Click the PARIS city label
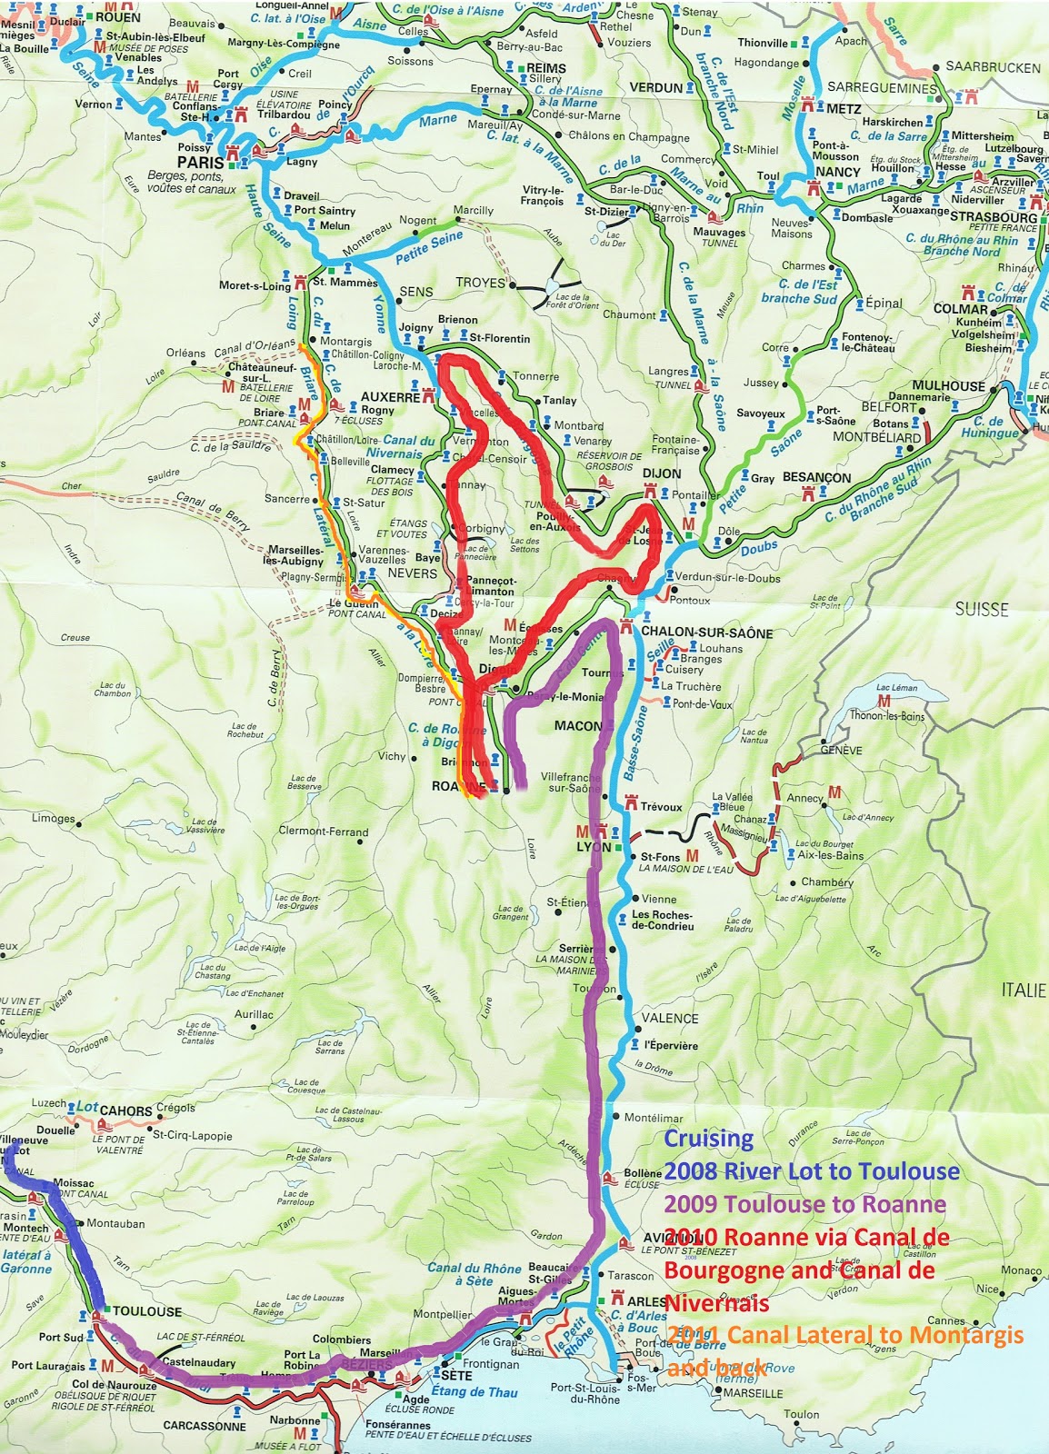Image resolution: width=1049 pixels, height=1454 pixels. pyautogui.click(x=200, y=162)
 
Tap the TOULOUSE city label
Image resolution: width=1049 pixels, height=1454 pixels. pyautogui.click(x=147, y=1311)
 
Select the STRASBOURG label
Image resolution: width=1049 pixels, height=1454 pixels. pyautogui.click(x=993, y=217)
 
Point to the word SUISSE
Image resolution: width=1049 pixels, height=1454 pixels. pyautogui.click(x=981, y=609)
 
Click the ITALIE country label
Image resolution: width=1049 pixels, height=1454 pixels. pyautogui.click(x=1023, y=991)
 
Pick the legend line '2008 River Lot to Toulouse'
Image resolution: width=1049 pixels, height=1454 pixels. pyautogui.click(x=811, y=1171)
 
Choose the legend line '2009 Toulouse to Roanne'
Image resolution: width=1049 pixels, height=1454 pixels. pyautogui.click(x=804, y=1204)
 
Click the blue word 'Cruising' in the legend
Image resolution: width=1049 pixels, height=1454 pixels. pyautogui.click(x=708, y=1139)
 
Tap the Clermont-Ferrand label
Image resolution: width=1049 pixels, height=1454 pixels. pyautogui.click(x=324, y=832)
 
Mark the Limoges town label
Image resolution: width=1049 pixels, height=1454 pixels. pyautogui.click(x=54, y=818)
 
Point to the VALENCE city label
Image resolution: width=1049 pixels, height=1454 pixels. pyautogui.click(x=670, y=1019)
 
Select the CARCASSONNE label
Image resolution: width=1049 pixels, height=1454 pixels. pyautogui.click(x=205, y=1426)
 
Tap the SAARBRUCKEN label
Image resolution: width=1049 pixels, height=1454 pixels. pyautogui.click(x=993, y=67)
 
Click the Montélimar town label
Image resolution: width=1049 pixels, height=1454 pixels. pyautogui.click(x=653, y=1118)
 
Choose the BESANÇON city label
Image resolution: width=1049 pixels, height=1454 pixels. pyautogui.click(x=816, y=477)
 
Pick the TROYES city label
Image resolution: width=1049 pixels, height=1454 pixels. pyautogui.click(x=480, y=283)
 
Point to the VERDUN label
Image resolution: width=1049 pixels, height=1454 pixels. pyautogui.click(x=655, y=87)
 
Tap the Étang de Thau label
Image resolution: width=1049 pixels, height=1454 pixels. pyautogui.click(x=474, y=1392)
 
